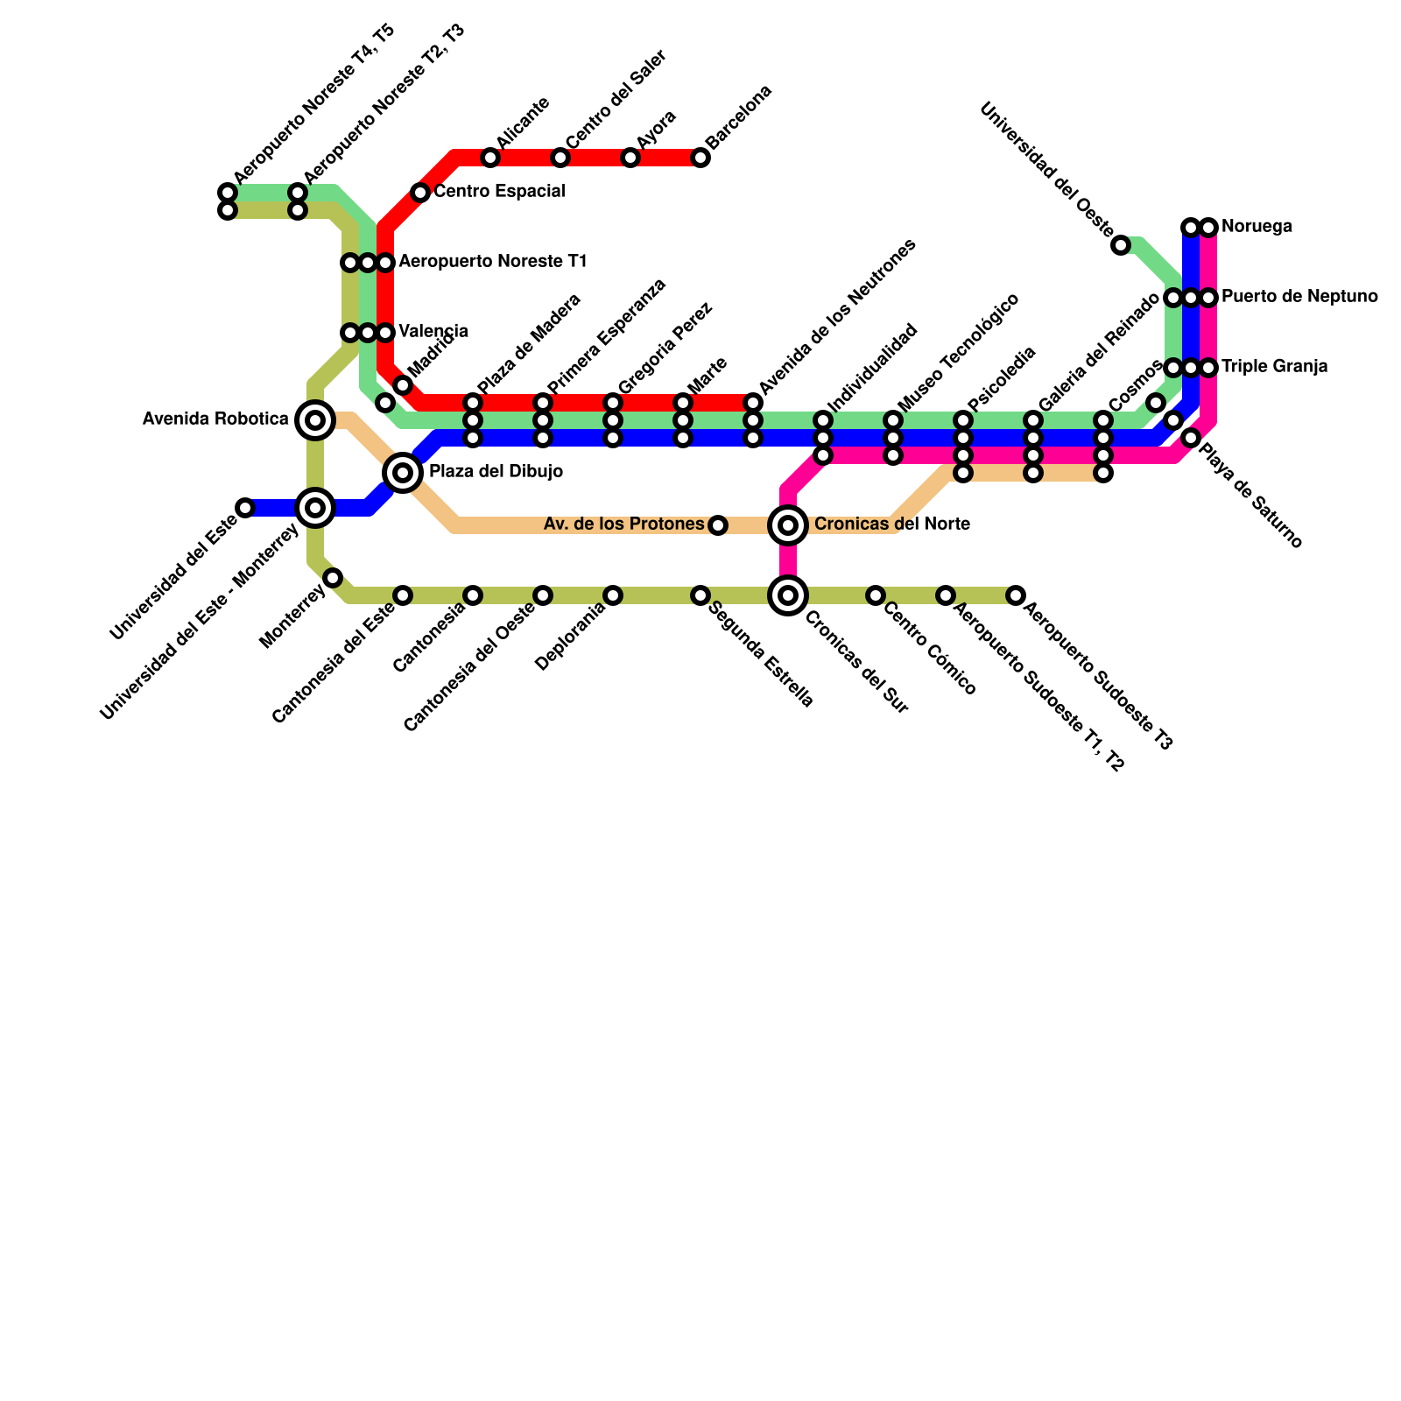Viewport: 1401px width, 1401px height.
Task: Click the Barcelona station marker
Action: (700, 158)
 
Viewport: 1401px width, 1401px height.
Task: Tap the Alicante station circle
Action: (490, 158)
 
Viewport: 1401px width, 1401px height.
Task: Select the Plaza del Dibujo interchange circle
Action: (403, 473)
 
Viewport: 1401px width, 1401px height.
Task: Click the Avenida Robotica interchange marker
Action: (315, 420)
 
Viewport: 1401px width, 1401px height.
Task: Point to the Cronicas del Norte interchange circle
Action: (788, 525)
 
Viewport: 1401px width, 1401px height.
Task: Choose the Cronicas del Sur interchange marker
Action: (788, 595)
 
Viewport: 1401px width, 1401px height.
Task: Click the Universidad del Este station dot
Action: (245, 508)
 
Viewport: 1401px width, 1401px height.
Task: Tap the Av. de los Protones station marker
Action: (718, 525)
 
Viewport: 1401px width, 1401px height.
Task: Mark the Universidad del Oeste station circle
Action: (1121, 245)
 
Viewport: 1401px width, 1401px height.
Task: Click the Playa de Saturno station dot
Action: (1191, 438)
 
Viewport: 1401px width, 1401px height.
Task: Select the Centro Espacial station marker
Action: (420, 193)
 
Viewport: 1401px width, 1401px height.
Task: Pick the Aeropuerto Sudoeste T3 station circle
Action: (1016, 595)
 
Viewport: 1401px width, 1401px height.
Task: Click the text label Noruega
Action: (1257, 228)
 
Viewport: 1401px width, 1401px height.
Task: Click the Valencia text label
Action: (433, 332)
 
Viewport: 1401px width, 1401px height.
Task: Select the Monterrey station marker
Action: (333, 578)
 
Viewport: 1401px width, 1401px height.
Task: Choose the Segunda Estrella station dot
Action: (700, 595)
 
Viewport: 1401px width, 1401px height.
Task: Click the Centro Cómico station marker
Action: (876, 595)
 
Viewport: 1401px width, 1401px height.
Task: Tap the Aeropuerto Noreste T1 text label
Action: (492, 262)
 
